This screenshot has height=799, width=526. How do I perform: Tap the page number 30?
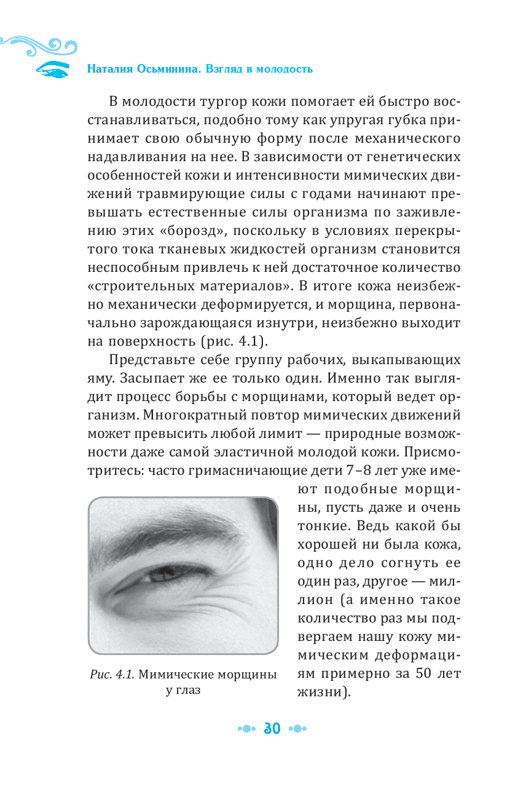tap(272, 729)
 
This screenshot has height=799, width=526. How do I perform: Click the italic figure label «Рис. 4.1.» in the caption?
tap(112, 674)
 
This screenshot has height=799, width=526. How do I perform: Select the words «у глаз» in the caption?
tap(183, 690)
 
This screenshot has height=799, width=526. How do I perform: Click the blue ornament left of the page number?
tap(246, 729)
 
